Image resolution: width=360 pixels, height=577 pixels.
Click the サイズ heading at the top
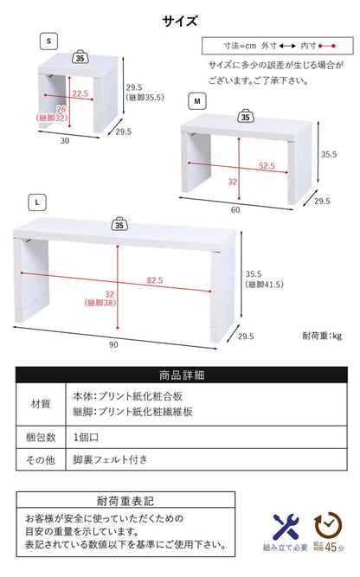pyautogui.click(x=180, y=21)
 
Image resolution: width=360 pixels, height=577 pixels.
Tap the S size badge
pyautogui.click(x=49, y=42)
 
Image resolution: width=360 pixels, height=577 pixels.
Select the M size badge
pyautogui.click(x=197, y=101)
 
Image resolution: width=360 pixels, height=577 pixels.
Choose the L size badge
pyautogui.click(x=38, y=202)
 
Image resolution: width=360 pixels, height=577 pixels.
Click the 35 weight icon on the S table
pyautogui.click(x=80, y=60)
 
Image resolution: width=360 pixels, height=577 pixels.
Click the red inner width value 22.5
pyautogui.click(x=80, y=93)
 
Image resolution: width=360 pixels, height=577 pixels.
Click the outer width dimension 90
pyautogui.click(x=112, y=345)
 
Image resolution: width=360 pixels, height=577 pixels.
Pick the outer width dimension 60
pyautogui.click(x=235, y=209)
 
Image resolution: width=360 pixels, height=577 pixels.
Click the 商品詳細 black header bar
pyautogui.click(x=182, y=375)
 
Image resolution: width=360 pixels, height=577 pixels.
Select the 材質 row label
pyautogui.click(x=40, y=403)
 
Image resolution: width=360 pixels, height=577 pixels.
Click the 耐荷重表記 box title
pyautogui.click(x=125, y=499)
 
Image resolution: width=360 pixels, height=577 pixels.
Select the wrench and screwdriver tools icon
pyautogui.click(x=286, y=525)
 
